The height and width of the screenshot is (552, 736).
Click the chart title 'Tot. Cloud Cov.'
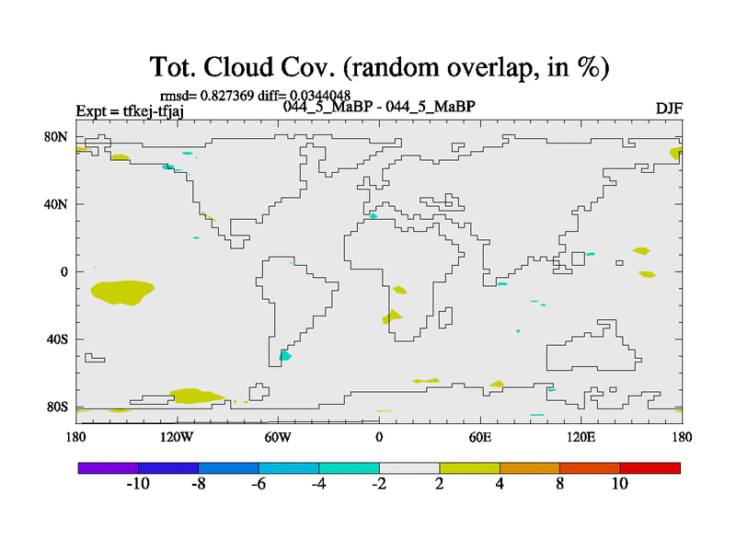tap(242, 66)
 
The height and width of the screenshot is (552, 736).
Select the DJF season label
tap(669, 109)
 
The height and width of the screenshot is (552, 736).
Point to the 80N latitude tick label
tap(56, 137)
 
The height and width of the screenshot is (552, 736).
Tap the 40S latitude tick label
tap(57, 339)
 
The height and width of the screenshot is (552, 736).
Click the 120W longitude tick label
tap(177, 438)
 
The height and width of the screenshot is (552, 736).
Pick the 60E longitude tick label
tap(479, 438)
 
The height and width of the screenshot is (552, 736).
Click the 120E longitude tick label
tap(581, 438)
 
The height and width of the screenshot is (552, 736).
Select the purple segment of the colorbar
tap(109, 468)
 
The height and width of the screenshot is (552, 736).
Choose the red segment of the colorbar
tap(650, 468)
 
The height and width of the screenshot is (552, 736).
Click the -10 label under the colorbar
tap(138, 484)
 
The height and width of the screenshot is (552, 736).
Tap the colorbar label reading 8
tap(559, 484)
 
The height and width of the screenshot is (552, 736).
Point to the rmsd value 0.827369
tap(227, 96)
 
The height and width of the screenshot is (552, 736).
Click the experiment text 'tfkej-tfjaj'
tap(154, 111)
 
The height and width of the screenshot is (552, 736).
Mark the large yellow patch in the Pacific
tap(122, 293)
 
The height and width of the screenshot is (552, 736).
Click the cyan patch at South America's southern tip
tap(284, 356)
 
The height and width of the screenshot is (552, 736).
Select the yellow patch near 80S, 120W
tap(195, 397)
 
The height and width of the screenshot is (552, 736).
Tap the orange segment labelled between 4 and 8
tap(530, 468)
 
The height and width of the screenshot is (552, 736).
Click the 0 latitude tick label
tap(63, 271)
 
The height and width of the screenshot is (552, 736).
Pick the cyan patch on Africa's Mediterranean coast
tap(374, 216)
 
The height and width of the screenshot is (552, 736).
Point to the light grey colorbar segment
tap(409, 468)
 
